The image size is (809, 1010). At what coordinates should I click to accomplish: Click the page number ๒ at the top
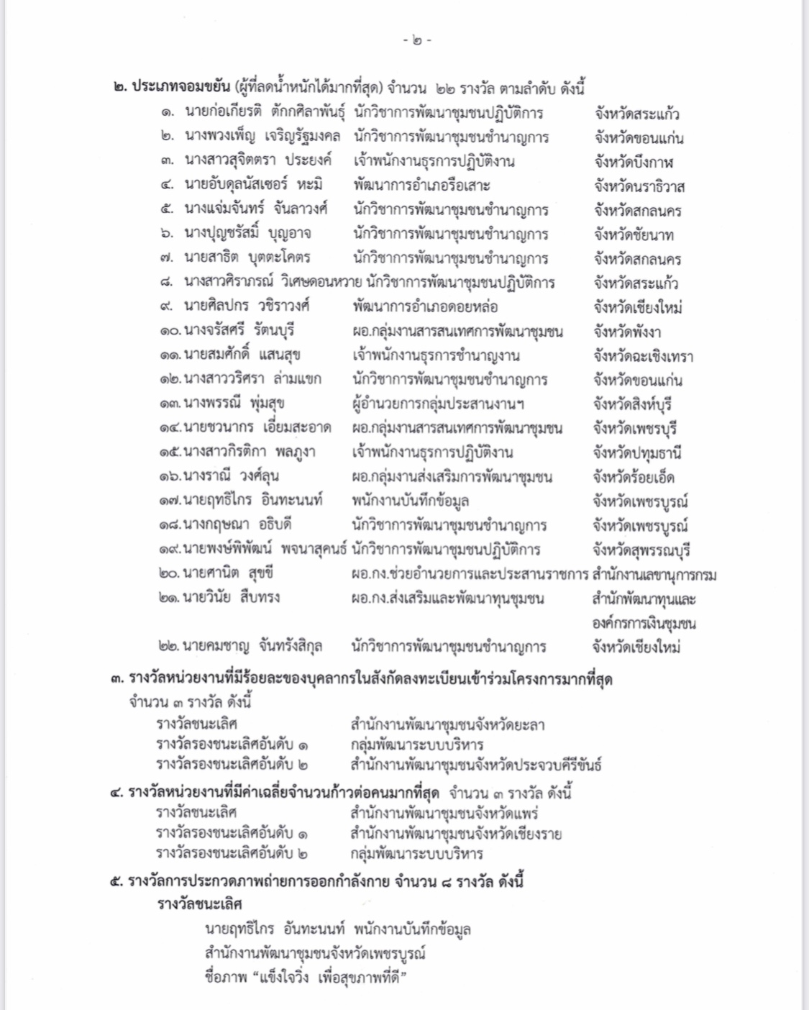pyautogui.click(x=417, y=40)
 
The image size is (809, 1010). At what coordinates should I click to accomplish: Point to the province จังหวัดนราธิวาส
pyautogui.click(x=639, y=186)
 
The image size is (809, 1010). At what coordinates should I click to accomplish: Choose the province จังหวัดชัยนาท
pyautogui.click(x=634, y=235)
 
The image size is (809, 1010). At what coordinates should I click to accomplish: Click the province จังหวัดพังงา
pyautogui.click(x=627, y=332)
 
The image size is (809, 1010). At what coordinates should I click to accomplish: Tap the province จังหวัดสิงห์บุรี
pyautogui.click(x=633, y=404)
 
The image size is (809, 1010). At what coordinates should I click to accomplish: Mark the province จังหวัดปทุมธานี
pyautogui.click(x=637, y=453)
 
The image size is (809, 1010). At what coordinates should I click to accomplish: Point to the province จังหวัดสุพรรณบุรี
pyautogui.click(x=641, y=550)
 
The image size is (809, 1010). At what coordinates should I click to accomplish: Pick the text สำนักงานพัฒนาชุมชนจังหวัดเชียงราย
pyautogui.click(x=456, y=834)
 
